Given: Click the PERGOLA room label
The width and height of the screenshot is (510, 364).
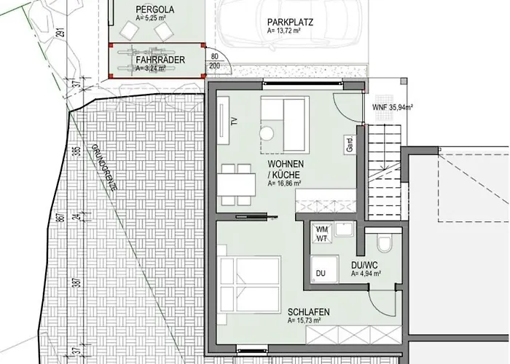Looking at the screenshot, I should pos(154,9).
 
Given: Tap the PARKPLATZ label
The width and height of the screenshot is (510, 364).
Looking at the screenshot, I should pos(289,22).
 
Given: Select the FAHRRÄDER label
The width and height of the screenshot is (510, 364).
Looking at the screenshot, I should pos(158,60).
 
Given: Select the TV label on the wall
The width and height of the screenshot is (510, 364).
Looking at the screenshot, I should pos(235,122).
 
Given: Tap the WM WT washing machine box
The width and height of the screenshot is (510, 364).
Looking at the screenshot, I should pos(322,234).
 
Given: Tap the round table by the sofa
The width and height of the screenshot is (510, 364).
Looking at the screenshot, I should pos(267,134).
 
